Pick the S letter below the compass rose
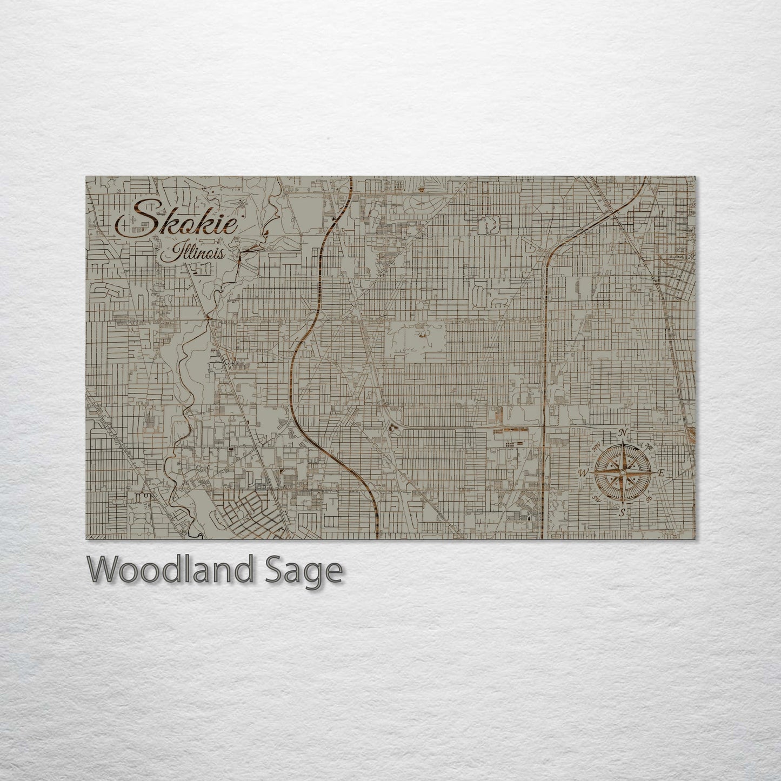[x=623, y=512]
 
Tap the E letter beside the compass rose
[x=660, y=473]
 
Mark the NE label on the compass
[x=649, y=446]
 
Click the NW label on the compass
[x=597, y=446]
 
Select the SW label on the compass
[x=596, y=498]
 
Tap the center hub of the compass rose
[x=623, y=472]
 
